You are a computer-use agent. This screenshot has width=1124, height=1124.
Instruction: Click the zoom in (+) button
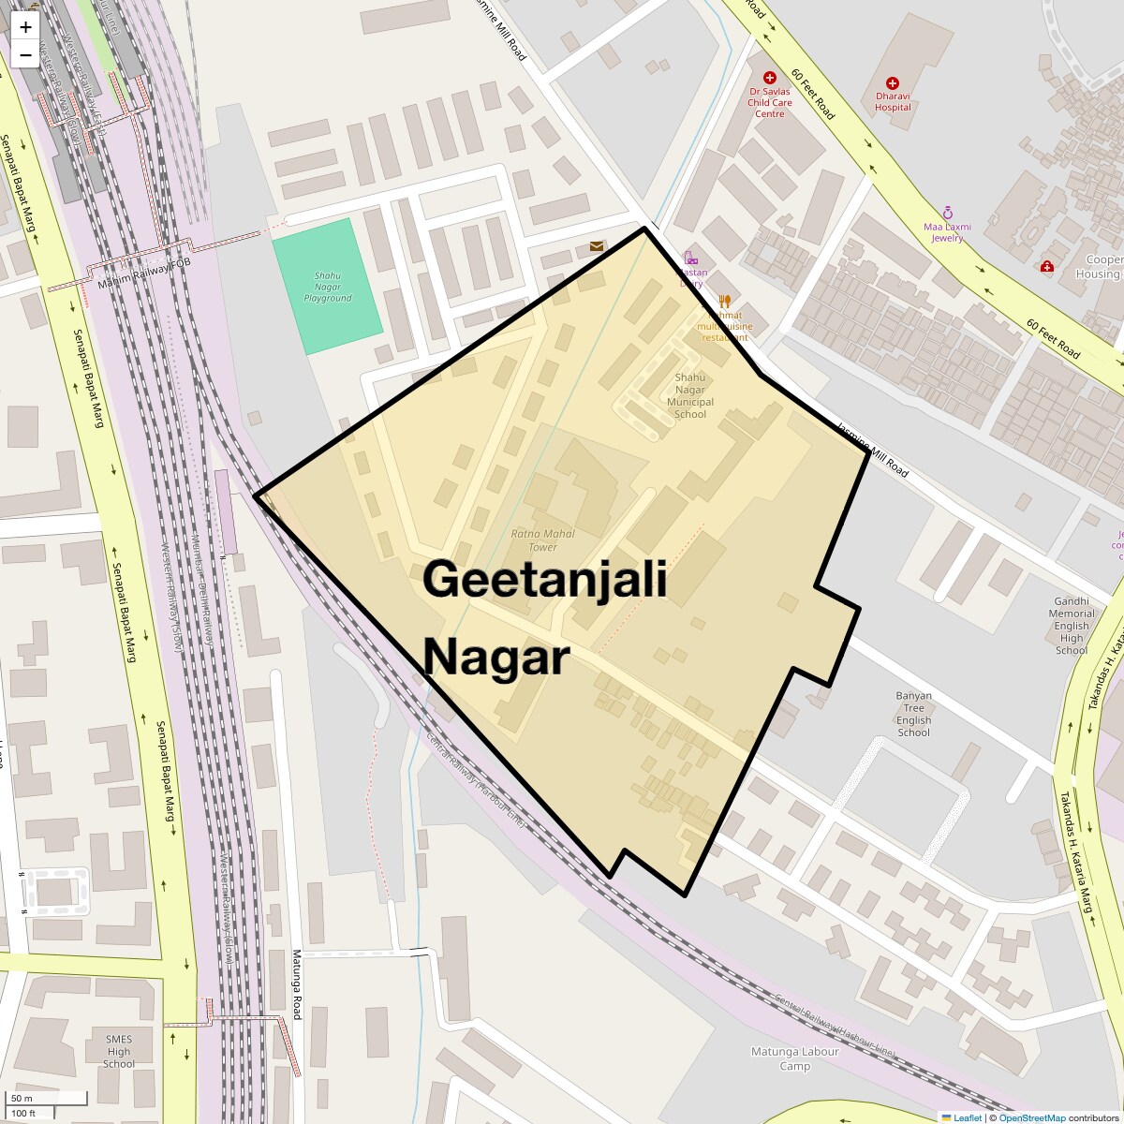coord(25,27)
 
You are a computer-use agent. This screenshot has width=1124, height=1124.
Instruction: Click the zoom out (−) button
coord(25,54)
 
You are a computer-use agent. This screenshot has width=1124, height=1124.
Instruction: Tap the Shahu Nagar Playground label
coord(327,287)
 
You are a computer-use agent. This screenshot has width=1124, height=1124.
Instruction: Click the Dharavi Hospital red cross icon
coord(893,83)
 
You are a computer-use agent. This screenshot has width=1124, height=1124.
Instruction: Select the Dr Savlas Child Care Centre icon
coord(770,78)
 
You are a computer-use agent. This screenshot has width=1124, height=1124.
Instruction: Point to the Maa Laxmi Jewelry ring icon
coord(948,213)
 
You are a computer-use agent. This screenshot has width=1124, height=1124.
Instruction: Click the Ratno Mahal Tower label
coord(542,540)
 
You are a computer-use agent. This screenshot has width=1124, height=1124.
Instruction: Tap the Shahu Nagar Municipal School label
coord(690,395)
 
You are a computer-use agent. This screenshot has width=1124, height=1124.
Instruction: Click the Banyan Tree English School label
coord(913,714)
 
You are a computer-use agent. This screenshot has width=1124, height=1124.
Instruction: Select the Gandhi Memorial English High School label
coord(1072,626)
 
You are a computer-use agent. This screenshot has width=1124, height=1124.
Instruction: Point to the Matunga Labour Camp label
coord(795,1058)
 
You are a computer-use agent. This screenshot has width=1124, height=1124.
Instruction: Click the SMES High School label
coord(119,1051)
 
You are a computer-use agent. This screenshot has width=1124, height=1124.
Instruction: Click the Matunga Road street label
coord(296,984)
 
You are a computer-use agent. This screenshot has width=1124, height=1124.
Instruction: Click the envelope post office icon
coord(597,246)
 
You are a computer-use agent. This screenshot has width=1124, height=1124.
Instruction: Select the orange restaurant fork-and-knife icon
coord(724,302)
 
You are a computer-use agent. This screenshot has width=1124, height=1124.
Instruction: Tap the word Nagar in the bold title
coord(496,658)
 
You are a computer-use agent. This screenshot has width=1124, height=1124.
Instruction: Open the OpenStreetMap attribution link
coord(1031,1117)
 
